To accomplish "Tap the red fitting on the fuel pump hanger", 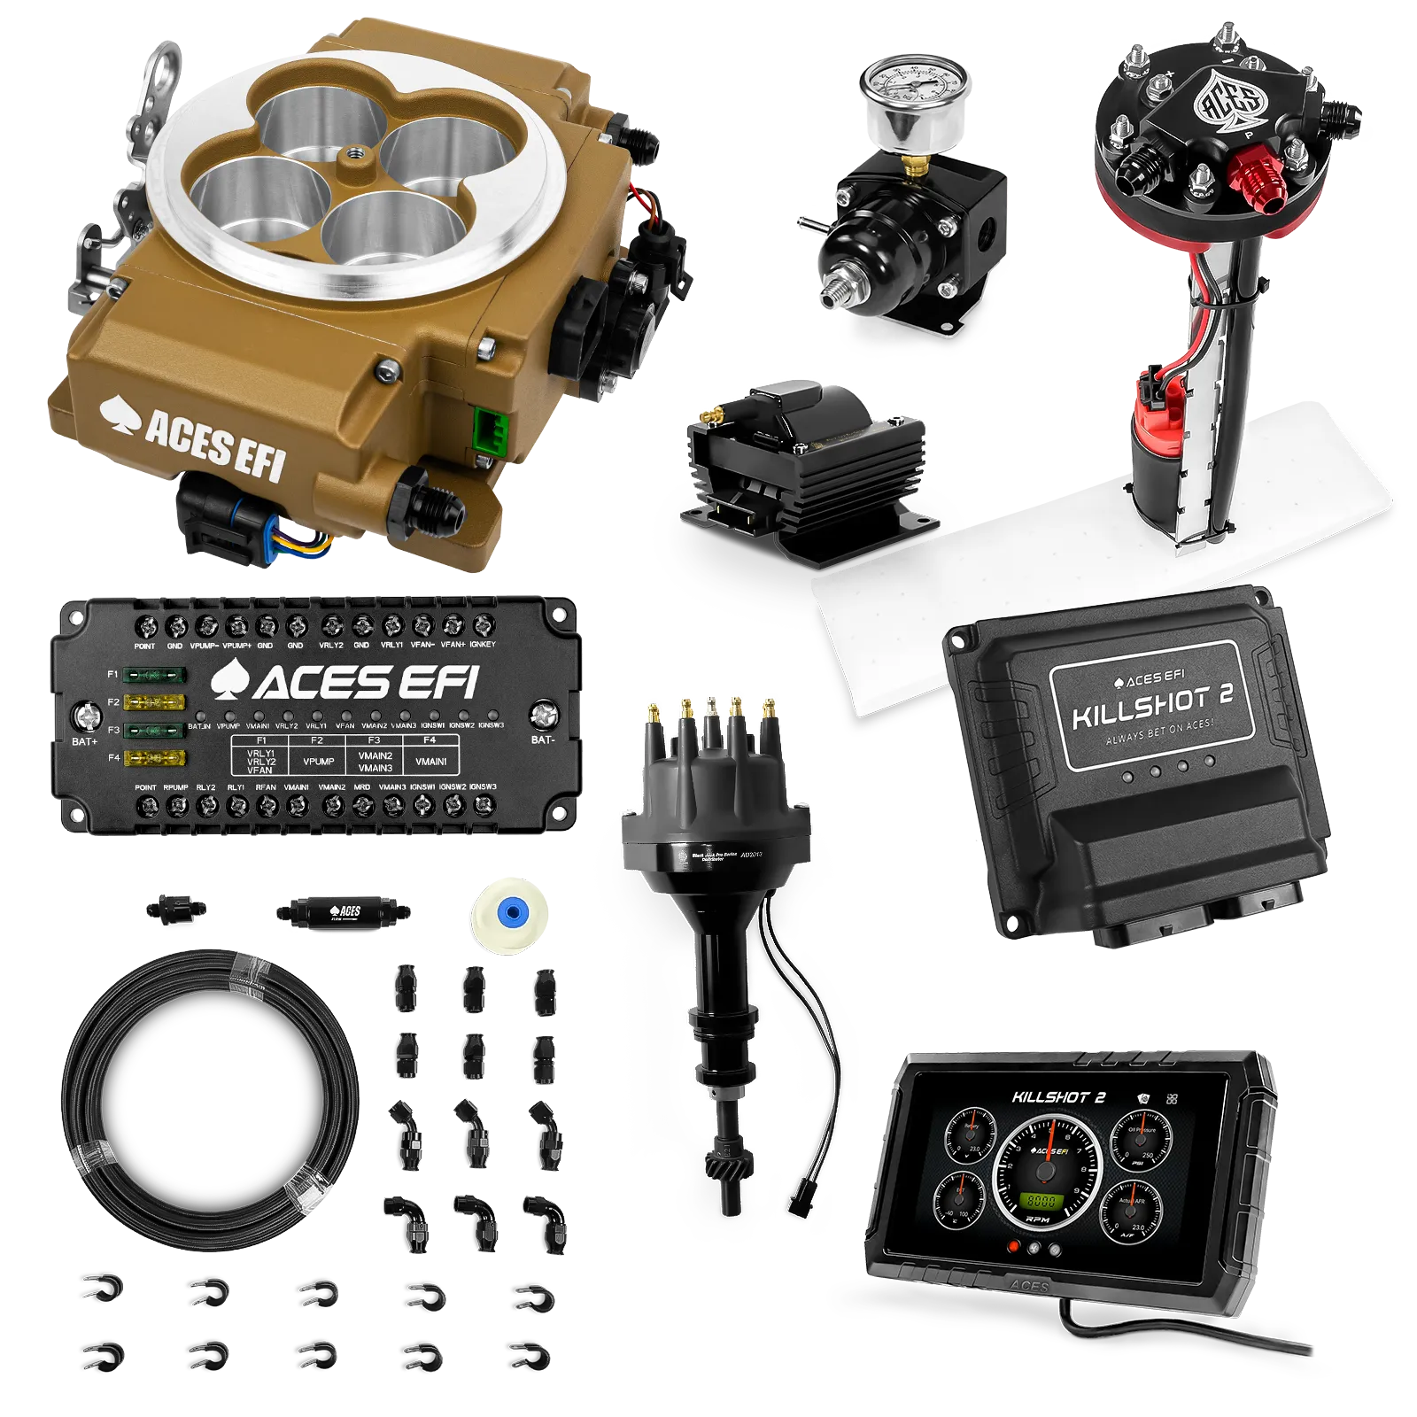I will (x=1258, y=182).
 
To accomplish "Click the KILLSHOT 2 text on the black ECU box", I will (x=1152, y=705).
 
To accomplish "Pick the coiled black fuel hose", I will (x=212, y=1099).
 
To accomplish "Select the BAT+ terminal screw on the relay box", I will (x=86, y=715).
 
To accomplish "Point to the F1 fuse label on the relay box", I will (x=113, y=675).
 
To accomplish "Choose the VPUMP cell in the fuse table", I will (x=318, y=762).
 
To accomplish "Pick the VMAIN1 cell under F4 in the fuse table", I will (x=430, y=762).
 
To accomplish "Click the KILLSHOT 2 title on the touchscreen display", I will (x=1058, y=1097).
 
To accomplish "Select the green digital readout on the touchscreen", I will (x=1041, y=1202).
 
